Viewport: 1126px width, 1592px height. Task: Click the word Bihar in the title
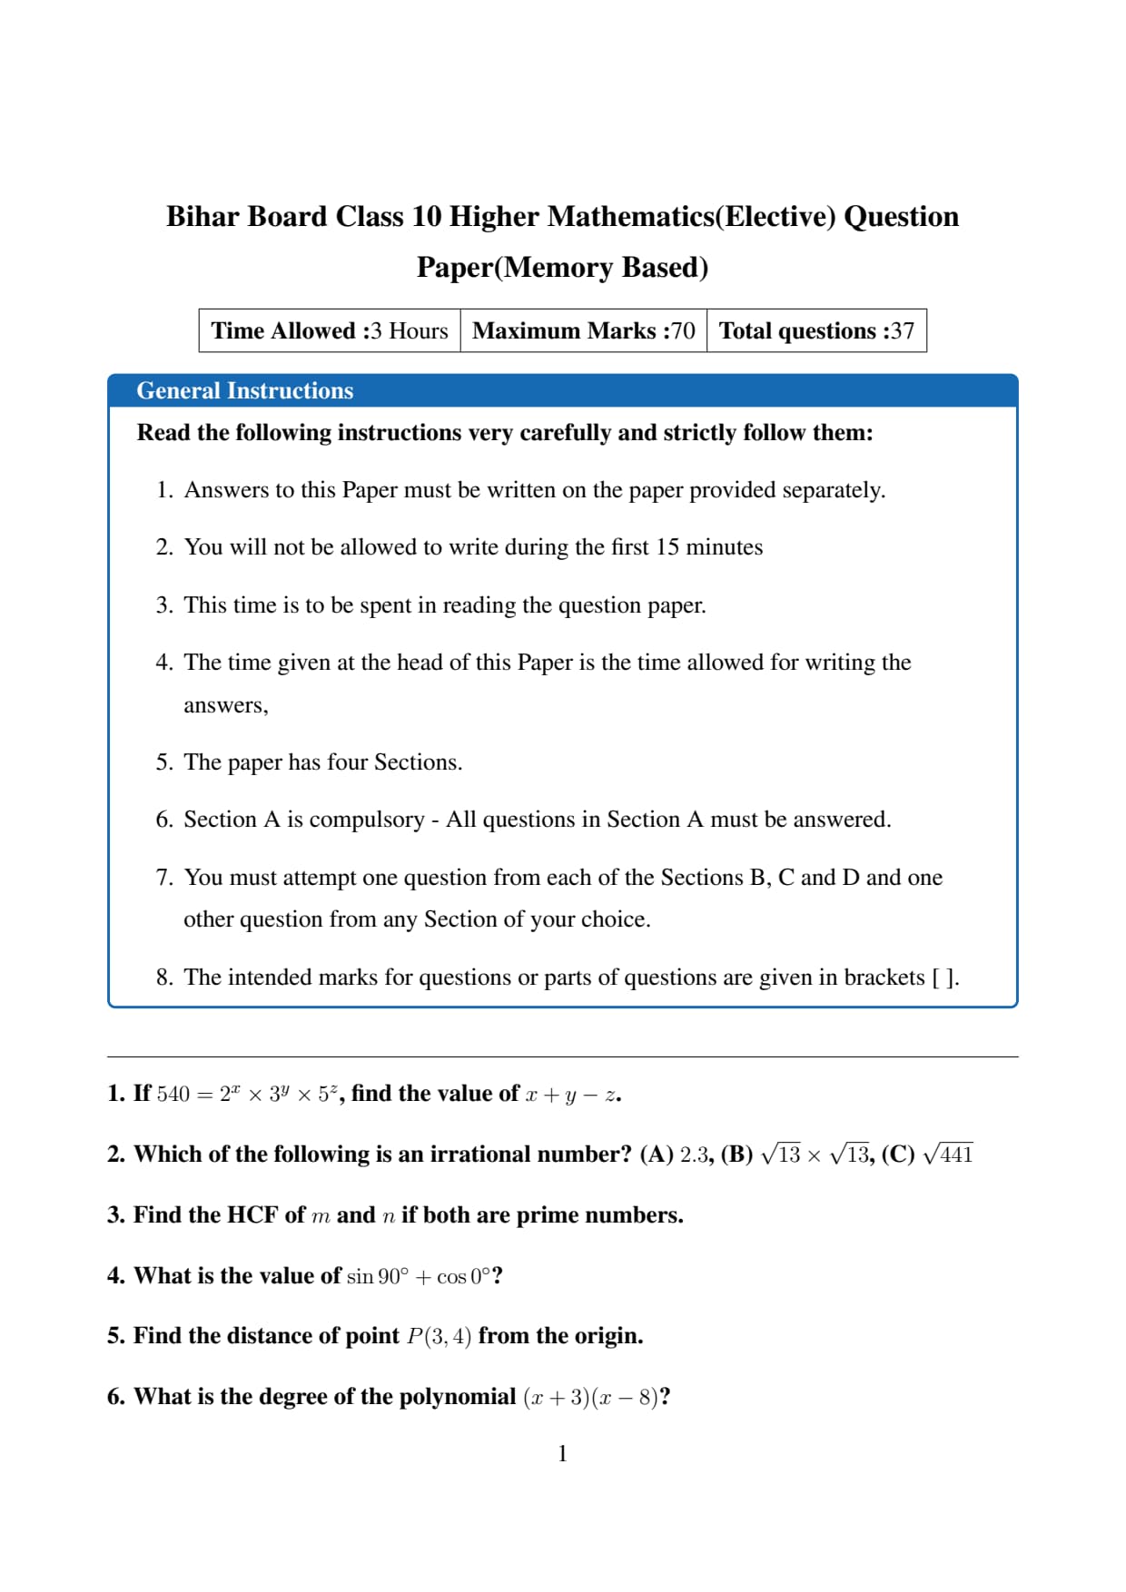[202, 217]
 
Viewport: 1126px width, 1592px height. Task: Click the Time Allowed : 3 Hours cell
[330, 330]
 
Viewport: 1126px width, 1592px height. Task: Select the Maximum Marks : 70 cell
[584, 330]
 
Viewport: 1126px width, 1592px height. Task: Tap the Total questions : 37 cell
[816, 330]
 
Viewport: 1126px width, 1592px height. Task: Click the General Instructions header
[244, 390]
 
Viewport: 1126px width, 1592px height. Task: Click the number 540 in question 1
[173, 1095]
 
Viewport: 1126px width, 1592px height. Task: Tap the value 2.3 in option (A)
[694, 1155]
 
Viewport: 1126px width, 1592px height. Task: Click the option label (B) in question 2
[736, 1155]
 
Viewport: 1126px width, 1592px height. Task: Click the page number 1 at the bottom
[562, 1454]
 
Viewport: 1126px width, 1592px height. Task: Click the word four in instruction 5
[347, 762]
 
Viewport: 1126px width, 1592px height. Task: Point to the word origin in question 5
[607, 1336]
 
